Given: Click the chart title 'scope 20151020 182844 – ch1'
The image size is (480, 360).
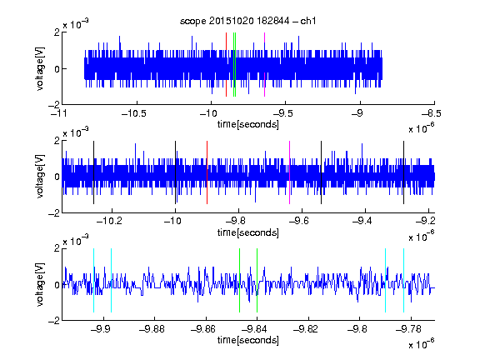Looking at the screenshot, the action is pos(247,21).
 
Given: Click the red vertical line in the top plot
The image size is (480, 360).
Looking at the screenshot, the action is pos(226,65).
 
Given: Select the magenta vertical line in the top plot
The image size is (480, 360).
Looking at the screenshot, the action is pos(264,65).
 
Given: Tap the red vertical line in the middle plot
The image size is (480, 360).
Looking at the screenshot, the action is pos(207,172).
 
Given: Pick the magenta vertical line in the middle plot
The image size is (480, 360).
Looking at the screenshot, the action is pos(290,172).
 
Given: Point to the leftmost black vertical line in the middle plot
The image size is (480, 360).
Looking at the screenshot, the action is pos(93,172).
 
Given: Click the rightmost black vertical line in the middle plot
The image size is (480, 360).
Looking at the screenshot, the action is pos(403,172).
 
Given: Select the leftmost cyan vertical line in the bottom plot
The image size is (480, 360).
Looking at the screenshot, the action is pos(93,280).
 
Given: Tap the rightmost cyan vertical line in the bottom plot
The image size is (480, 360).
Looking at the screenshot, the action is pos(403,280).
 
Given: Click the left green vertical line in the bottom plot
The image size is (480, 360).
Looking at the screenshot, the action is pos(239,280).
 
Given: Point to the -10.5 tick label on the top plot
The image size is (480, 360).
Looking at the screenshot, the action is pos(134,113).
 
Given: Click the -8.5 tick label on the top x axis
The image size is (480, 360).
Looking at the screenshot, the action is pos(432,113).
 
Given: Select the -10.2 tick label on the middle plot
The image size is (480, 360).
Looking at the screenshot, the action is pos(109,220).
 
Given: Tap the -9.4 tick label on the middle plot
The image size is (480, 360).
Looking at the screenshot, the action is pos(362,220).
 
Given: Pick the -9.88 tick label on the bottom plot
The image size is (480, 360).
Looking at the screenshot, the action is pos(152,329).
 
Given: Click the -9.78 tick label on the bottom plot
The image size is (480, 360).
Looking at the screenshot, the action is pos(408,329).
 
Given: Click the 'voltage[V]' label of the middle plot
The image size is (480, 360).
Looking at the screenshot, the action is pos(40,177).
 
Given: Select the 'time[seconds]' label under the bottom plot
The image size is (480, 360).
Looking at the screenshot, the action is pos(248,340).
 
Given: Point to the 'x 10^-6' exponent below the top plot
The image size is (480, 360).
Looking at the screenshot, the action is pos(422,127).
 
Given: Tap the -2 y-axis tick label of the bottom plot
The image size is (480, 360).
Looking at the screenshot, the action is pos(54,321).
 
